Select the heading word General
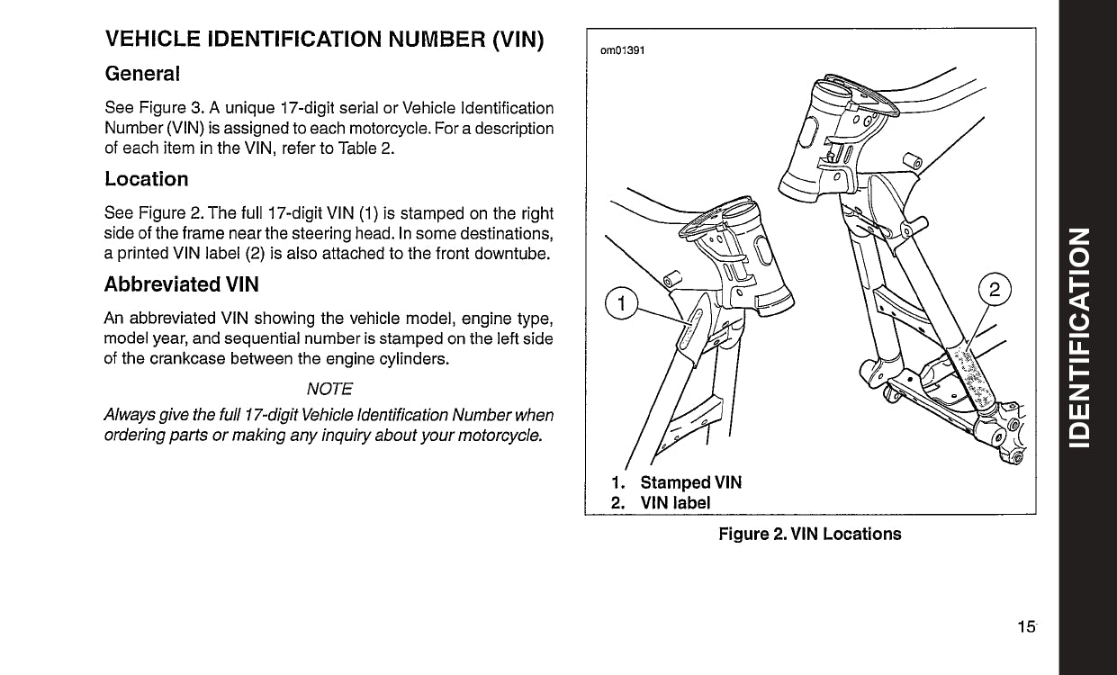coord(142,72)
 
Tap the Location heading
coord(147,179)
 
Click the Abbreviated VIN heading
coord(182,284)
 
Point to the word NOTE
coord(329,389)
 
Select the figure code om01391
coord(623,49)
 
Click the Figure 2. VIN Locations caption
coord(809,534)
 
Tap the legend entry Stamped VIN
coord(690,483)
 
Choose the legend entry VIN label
coord(675,503)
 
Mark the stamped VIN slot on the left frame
coord(689,328)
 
